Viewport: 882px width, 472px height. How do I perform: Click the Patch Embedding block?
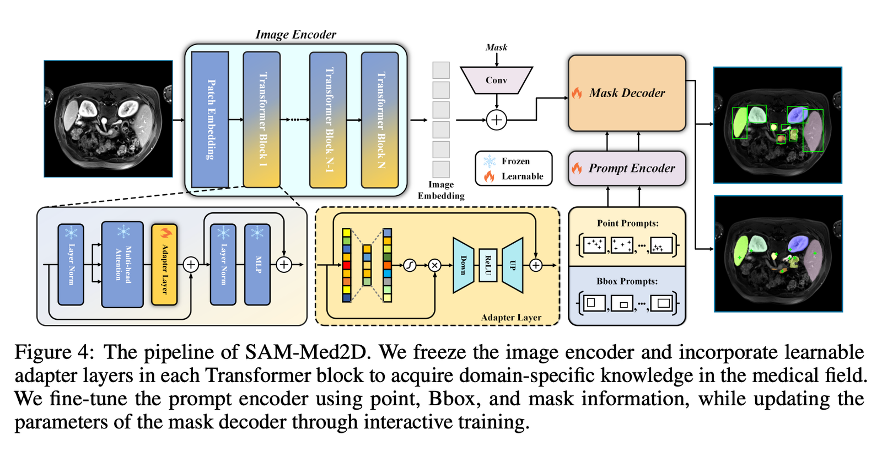tap(210, 120)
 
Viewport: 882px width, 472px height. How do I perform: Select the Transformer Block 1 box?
tap(262, 120)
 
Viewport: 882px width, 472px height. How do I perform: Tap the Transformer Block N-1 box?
tap(328, 120)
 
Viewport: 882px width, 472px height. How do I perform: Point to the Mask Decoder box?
tap(627, 93)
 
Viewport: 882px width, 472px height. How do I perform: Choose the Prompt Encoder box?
tap(627, 168)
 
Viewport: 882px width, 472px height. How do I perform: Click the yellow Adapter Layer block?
tap(164, 265)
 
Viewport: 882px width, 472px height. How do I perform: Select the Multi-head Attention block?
tap(122, 265)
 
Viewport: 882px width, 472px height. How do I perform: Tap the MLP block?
tap(257, 265)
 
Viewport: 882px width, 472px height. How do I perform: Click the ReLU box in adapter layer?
tap(488, 265)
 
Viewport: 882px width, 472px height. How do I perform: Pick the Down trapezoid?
tap(463, 265)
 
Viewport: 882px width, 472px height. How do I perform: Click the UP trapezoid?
tap(513, 265)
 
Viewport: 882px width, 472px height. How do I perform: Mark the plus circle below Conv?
tap(497, 120)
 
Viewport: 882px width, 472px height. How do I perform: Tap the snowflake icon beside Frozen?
tap(490, 161)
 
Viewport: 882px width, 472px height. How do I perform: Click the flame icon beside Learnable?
tap(490, 176)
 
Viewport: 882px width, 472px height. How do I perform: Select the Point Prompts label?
tap(627, 223)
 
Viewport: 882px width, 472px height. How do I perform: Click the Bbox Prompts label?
tap(627, 281)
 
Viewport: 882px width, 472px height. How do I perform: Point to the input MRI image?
tap(108, 119)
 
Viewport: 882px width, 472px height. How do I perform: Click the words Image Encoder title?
tap(295, 34)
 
